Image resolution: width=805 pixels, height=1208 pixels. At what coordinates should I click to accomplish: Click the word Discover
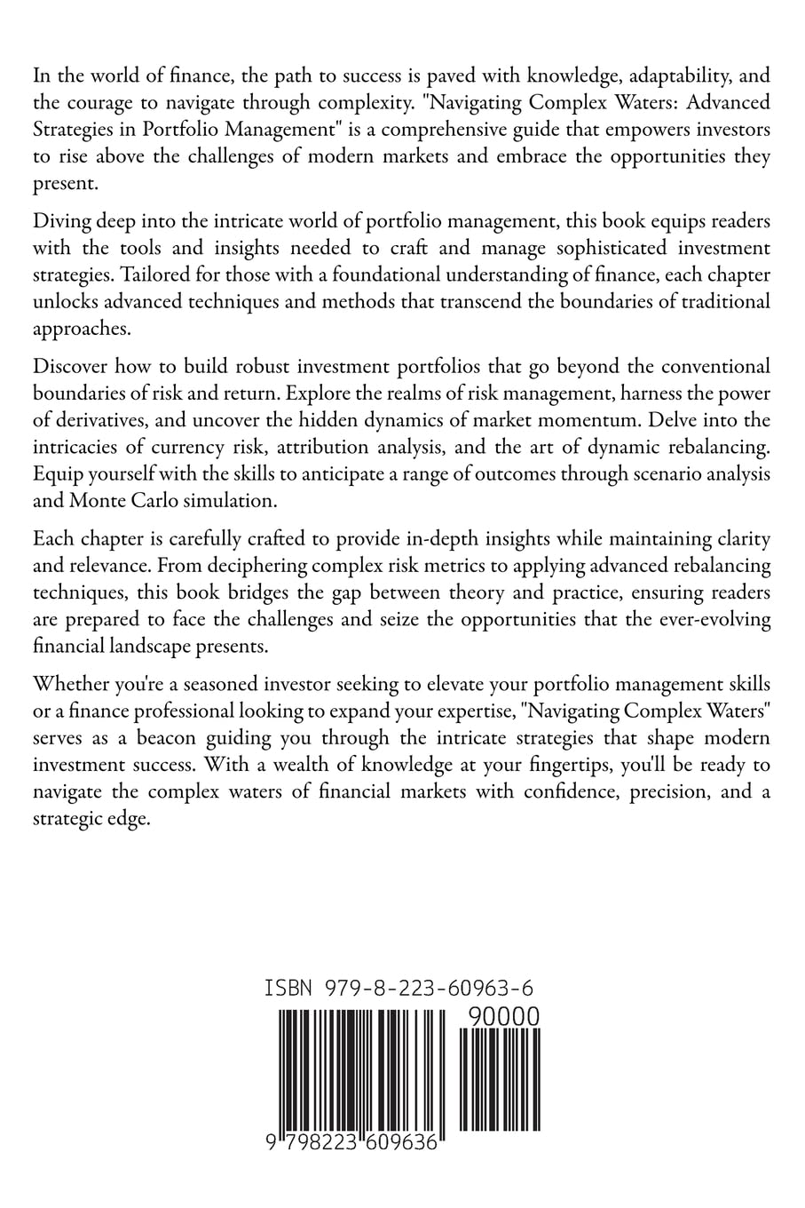68,366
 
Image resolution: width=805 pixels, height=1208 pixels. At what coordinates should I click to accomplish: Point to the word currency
168,447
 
